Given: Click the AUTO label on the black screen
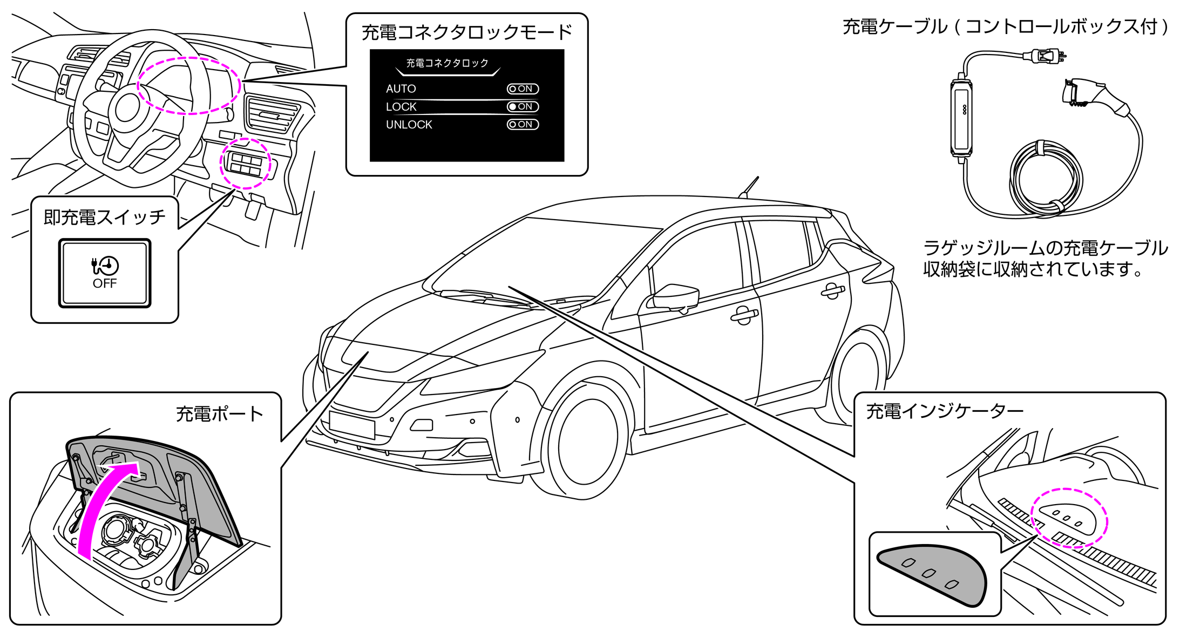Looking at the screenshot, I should click(x=401, y=89).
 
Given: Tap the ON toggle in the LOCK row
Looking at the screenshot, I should click(x=523, y=107).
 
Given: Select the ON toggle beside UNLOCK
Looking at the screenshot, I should click(x=523, y=125).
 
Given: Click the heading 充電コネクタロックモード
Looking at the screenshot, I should click(x=466, y=32).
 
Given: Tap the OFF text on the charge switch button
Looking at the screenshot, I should click(x=105, y=284).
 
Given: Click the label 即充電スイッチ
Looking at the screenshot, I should click(x=104, y=217).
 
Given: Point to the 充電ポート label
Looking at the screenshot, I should click(x=219, y=414).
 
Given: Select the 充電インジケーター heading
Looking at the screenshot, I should click(x=945, y=411).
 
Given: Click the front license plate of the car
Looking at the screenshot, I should click(x=352, y=425).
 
